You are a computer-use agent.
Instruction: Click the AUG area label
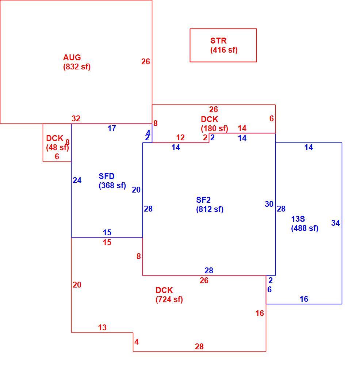point(72,57)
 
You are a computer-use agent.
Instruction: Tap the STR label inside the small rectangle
point(218,41)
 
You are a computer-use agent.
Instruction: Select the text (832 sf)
point(77,67)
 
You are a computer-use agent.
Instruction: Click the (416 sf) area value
point(224,50)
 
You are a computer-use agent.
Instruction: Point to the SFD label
point(107,176)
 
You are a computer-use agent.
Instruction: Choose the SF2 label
point(203,200)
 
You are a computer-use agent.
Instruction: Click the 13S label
point(298,219)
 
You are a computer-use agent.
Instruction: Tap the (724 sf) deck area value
point(169,300)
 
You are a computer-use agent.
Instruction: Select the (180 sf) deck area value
point(214,129)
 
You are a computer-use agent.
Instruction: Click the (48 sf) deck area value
point(58,148)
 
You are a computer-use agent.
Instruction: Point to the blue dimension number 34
point(336,223)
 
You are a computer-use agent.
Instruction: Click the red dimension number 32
point(76,119)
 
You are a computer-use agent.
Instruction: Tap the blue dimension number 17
point(112,129)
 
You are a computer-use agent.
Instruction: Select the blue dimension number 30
point(269,204)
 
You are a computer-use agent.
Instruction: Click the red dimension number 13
point(102,328)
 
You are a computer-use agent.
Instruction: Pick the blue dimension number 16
point(304,299)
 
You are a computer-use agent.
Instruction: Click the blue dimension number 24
point(77,180)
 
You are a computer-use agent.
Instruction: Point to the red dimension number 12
point(180,138)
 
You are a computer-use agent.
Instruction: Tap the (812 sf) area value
point(210,209)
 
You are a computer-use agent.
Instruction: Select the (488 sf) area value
point(305,228)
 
